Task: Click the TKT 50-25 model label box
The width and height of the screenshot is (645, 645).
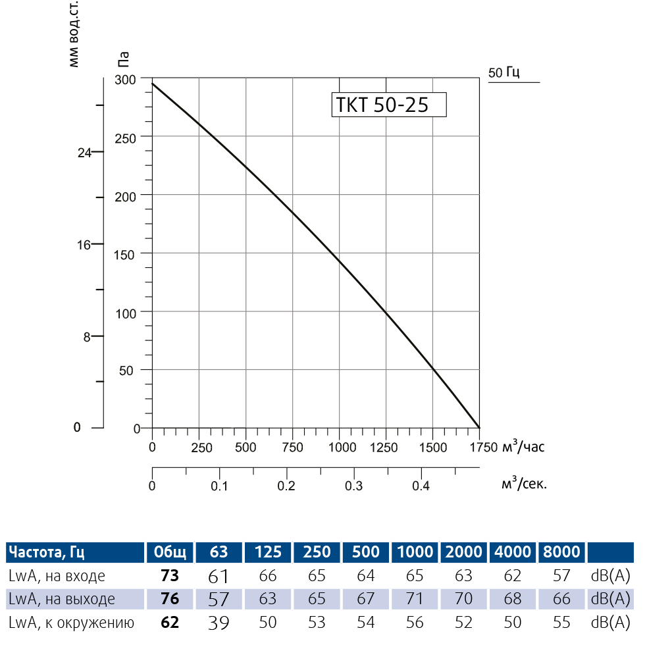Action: [388, 105]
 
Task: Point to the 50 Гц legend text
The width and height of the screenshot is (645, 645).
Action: [504, 72]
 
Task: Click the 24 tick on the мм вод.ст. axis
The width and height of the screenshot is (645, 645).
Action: [84, 152]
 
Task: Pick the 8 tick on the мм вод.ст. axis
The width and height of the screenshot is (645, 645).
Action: [86, 337]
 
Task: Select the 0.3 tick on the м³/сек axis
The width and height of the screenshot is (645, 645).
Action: [354, 486]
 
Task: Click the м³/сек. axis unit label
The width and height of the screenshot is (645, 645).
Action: [524, 484]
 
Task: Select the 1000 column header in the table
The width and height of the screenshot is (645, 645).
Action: [415, 552]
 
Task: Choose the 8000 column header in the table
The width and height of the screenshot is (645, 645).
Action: [561, 552]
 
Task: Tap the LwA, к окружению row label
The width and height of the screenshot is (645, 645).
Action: [72, 623]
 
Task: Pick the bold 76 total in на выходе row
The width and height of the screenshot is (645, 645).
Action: [170, 600]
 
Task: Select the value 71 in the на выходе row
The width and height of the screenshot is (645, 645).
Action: [415, 600]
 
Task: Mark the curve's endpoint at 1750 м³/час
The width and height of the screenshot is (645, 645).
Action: [479, 428]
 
